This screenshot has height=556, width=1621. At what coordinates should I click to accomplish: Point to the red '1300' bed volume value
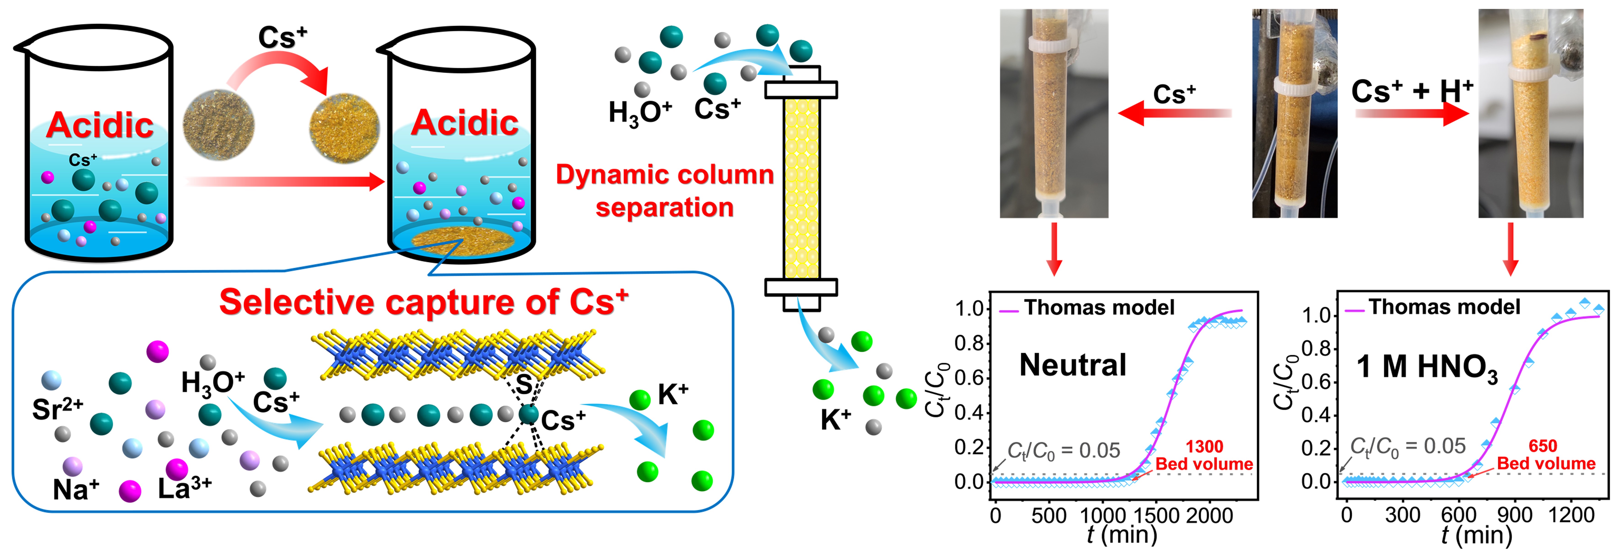[1204, 446]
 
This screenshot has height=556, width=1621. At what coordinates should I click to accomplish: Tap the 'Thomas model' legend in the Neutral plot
[1098, 308]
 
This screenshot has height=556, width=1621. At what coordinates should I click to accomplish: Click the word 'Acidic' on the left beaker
[99, 125]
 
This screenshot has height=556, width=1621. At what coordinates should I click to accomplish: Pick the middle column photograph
[1294, 113]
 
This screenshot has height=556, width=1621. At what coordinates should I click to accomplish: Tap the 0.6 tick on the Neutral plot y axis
[969, 378]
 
